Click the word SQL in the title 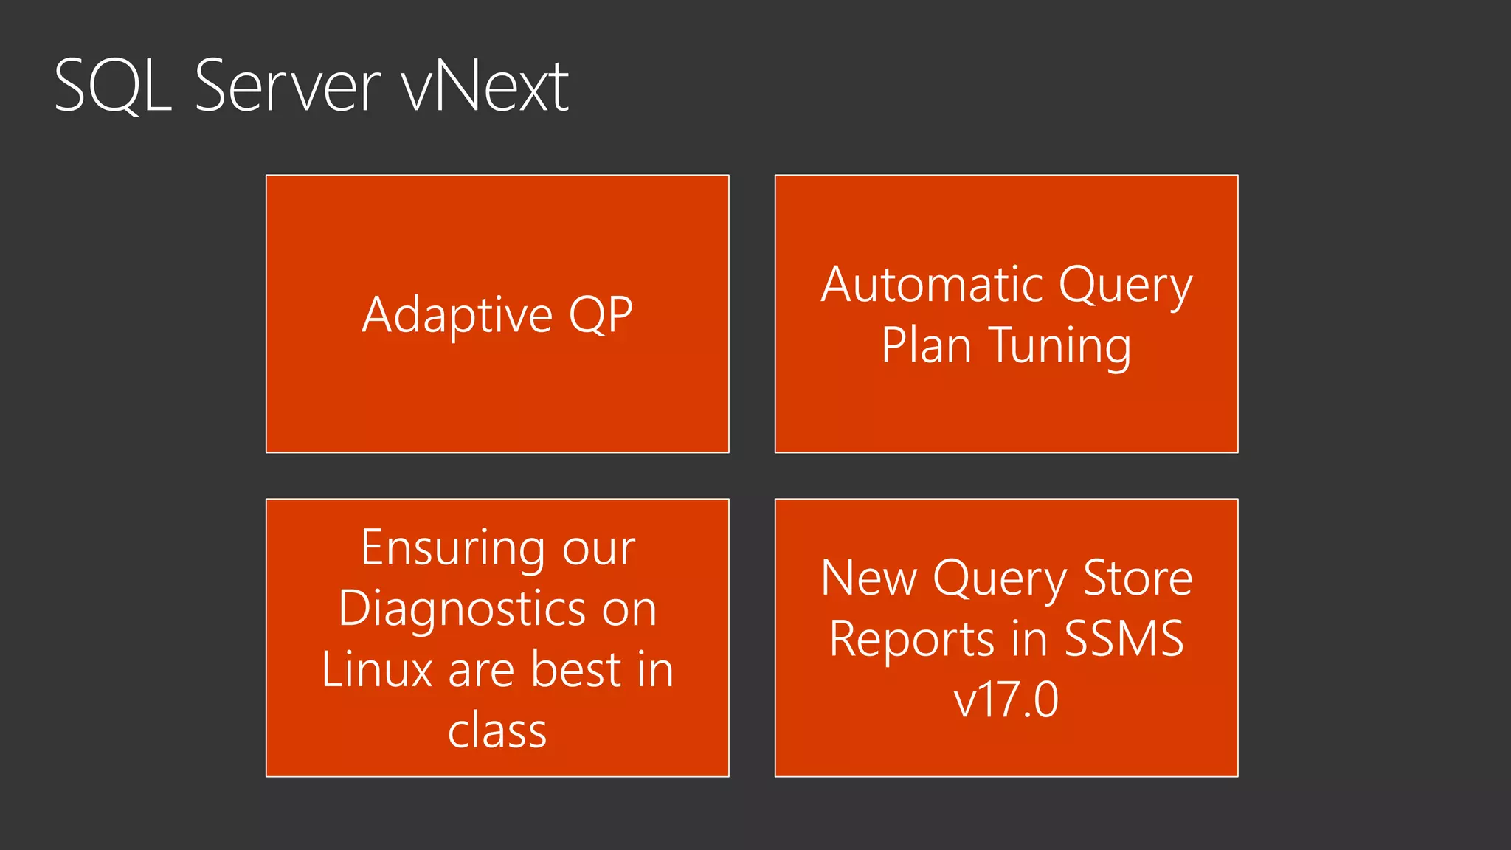click(113, 86)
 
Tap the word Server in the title click(288, 86)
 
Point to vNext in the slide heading click(485, 86)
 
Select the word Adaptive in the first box click(457, 315)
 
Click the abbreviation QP click(601, 315)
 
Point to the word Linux click(376, 670)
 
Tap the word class click(497, 730)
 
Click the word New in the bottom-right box click(868, 578)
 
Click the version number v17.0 click(1006, 699)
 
